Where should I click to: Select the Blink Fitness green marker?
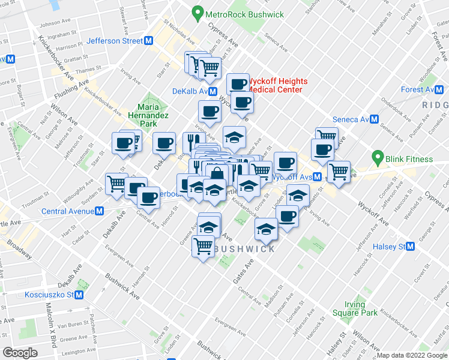pyautogui.click(x=378, y=159)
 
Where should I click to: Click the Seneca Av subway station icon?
pyautogui.click(x=374, y=119)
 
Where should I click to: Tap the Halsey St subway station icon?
pyautogui.click(x=411, y=247)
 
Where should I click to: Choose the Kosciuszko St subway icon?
pyautogui.click(x=79, y=295)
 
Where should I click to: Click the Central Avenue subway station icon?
pyautogui.click(x=100, y=211)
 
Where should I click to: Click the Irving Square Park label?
pyautogui.click(x=361, y=308)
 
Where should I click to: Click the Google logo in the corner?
pyautogui.click(x=20, y=353)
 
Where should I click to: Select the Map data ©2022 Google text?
pyautogui.click(x=411, y=355)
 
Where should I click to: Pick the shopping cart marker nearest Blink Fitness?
pyautogui.click(x=339, y=172)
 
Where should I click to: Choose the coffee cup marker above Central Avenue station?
pyautogui.click(x=148, y=197)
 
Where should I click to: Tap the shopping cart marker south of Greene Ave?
pyautogui.click(x=203, y=246)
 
